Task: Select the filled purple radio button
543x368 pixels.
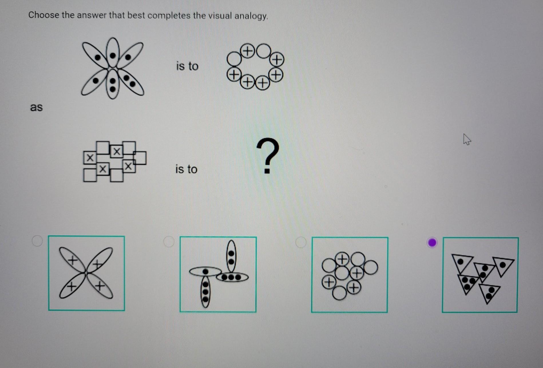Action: (432, 243)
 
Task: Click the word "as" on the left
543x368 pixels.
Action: (36, 107)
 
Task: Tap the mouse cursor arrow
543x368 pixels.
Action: (467, 139)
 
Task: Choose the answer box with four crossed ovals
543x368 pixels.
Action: (86, 273)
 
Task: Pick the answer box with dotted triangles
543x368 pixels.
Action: (480, 275)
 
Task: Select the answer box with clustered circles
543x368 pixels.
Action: (350, 275)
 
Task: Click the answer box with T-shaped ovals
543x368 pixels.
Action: (218, 274)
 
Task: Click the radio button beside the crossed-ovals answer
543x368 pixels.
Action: (37, 241)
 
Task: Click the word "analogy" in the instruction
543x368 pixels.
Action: (251, 16)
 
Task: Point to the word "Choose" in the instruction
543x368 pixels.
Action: (44, 15)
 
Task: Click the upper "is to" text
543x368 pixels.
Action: (187, 66)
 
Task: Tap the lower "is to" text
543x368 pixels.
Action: (186, 169)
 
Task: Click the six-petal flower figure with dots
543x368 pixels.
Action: (112, 68)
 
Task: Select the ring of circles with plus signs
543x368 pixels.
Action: (255, 67)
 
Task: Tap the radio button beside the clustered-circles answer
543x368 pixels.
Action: (300, 242)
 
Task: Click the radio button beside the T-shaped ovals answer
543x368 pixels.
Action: (169, 242)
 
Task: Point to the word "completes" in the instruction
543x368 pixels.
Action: (169, 15)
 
